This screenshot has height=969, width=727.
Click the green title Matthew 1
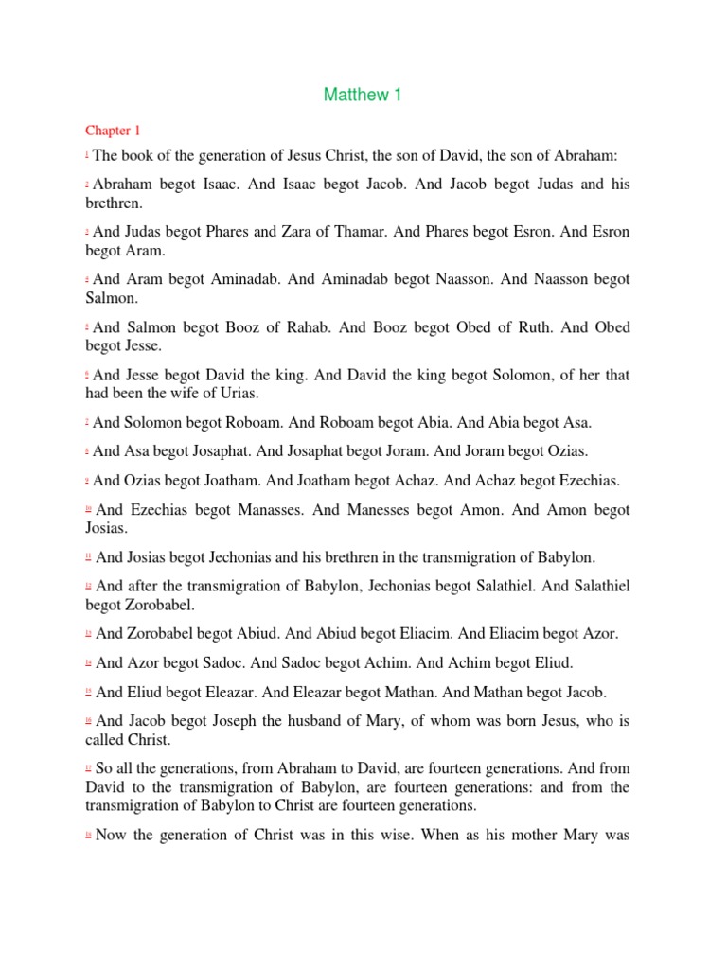[x=363, y=95]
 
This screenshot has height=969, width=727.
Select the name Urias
[x=238, y=394]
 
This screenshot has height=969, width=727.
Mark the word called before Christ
[x=105, y=741]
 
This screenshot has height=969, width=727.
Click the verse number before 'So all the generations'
[x=88, y=767]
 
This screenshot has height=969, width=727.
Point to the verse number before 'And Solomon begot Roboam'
[x=87, y=420]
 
